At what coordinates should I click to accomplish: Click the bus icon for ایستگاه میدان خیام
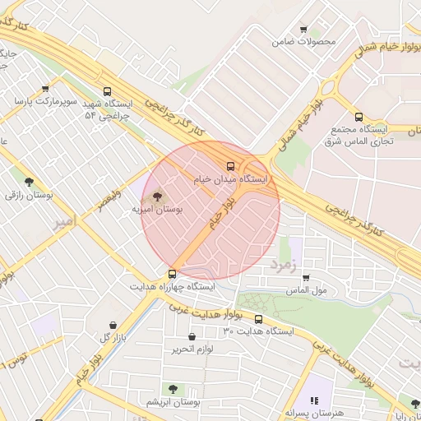click(x=230, y=164)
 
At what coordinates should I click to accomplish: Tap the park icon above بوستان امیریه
click(x=157, y=197)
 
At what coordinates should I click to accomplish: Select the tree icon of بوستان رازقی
click(x=29, y=182)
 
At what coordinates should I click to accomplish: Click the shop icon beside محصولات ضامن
click(x=303, y=29)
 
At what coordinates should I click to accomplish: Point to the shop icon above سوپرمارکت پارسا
click(x=44, y=89)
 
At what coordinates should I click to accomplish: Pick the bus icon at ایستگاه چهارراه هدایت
click(x=172, y=274)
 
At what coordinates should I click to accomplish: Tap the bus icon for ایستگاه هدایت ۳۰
click(x=258, y=319)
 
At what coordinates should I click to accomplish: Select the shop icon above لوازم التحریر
click(x=192, y=336)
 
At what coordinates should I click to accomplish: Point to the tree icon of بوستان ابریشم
click(x=173, y=388)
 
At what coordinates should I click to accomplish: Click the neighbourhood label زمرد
click(x=280, y=266)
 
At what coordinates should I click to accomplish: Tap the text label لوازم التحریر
click(x=192, y=349)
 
